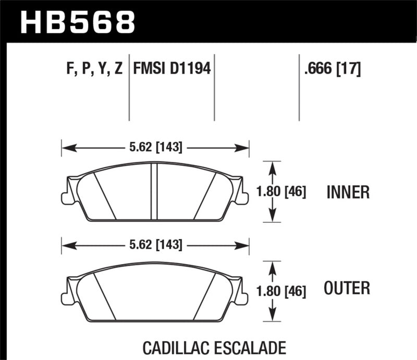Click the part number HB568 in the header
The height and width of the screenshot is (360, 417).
click(x=77, y=21)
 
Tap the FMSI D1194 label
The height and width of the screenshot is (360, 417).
click(x=172, y=69)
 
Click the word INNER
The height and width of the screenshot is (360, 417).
click(x=348, y=193)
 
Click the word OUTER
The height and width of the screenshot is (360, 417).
click(x=347, y=288)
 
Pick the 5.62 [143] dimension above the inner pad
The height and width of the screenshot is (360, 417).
click(x=155, y=148)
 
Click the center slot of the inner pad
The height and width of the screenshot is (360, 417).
click(x=154, y=192)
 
